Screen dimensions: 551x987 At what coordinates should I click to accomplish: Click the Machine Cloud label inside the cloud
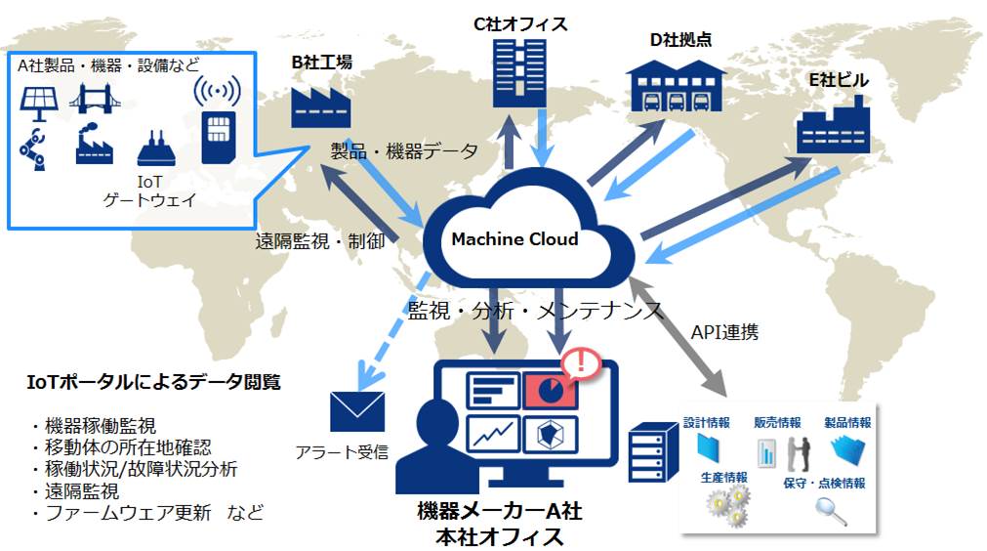pyautogui.click(x=514, y=239)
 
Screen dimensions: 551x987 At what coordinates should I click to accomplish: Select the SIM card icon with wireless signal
pyautogui.click(x=217, y=121)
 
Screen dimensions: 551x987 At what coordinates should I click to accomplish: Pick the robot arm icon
pyautogui.click(x=33, y=147)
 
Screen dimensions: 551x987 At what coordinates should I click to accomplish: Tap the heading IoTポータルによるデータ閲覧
pyautogui.click(x=154, y=382)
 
